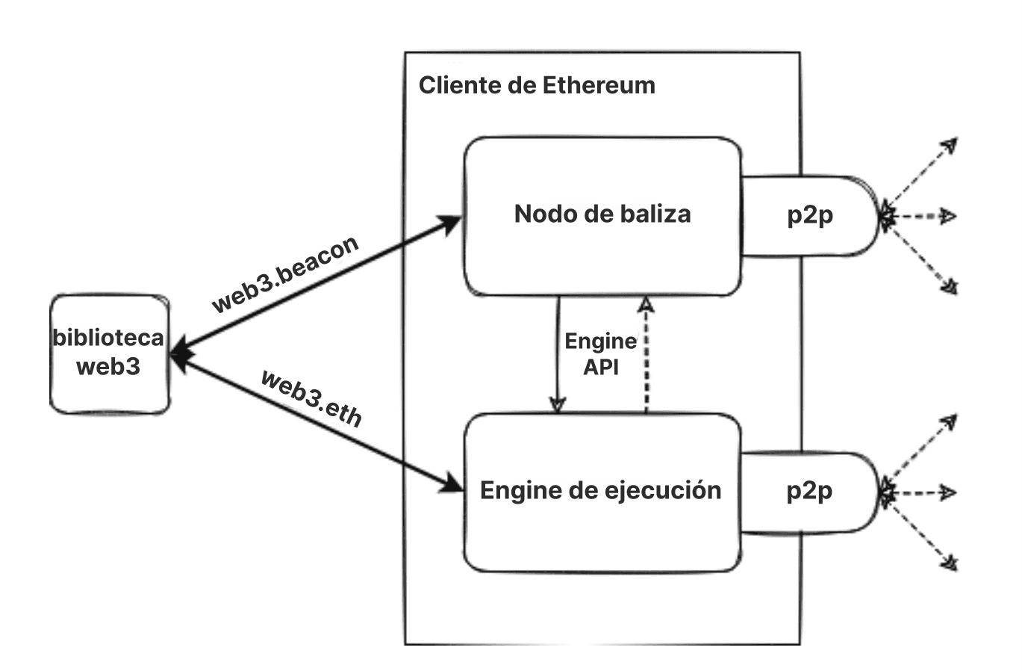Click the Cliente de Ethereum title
pos(536,85)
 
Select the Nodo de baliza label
pos(602,214)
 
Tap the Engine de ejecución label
pos(600,491)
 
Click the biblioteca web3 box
pos(109,354)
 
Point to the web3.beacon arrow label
pos(285,274)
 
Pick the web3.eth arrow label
pos(312,398)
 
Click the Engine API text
pos(600,354)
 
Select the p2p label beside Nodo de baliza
pos(810,215)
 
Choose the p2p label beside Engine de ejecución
pos(809,491)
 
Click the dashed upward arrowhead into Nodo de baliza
pos(646,303)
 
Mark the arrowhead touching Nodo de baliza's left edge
pos(450,223)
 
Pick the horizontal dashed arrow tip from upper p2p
pos(948,217)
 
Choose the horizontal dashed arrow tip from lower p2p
pos(948,493)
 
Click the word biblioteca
pos(108,338)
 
